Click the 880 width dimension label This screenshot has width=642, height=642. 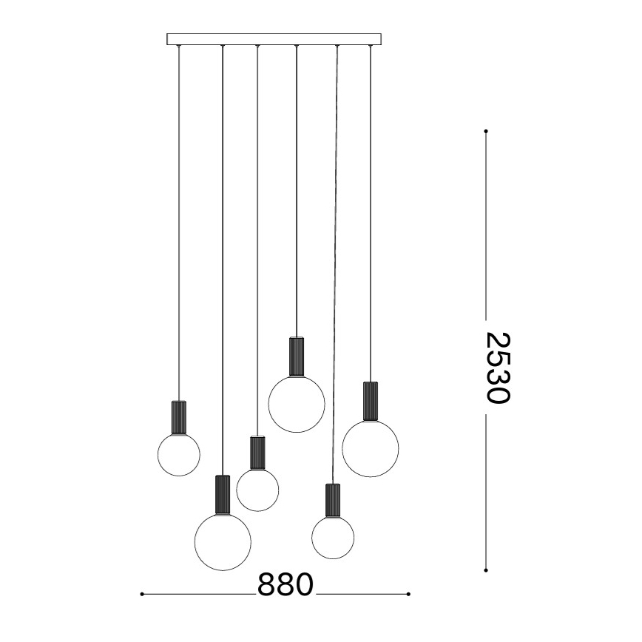(x=285, y=585)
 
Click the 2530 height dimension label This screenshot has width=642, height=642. (x=498, y=367)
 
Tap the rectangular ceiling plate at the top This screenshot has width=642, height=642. (x=274, y=39)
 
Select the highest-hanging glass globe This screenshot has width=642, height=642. (x=296, y=404)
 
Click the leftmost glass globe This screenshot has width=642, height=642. (x=178, y=454)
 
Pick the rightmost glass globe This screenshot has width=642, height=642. (x=370, y=447)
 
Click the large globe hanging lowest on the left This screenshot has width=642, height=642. (x=222, y=542)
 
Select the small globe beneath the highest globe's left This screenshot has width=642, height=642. (x=257, y=490)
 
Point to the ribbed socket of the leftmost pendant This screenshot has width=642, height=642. (x=178, y=418)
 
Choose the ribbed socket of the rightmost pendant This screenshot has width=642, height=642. (x=370, y=401)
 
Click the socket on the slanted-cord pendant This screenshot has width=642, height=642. (x=332, y=501)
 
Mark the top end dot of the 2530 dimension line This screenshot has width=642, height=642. (x=486, y=132)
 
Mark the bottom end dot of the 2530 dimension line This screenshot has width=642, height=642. (x=486, y=570)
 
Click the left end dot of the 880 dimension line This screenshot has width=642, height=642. (x=141, y=593)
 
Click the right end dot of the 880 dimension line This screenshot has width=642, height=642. (x=409, y=593)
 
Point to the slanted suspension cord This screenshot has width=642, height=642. (x=335, y=259)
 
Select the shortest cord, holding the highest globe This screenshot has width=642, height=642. (x=296, y=185)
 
